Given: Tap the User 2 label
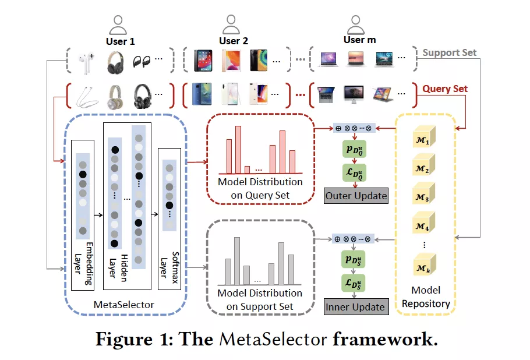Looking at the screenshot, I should (234, 41).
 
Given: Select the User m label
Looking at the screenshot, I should (358, 40).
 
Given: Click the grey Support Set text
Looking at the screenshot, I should (450, 52).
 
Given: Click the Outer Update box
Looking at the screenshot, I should (356, 196).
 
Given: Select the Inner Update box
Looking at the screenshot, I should (355, 307).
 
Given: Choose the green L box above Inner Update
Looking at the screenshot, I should (354, 284).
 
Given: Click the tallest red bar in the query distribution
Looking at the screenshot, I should (238, 150).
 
